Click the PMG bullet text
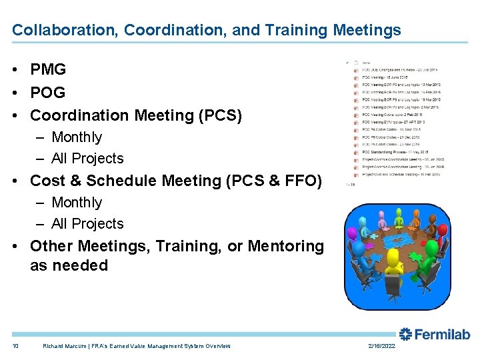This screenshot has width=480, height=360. point(48,69)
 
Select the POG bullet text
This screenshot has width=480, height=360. point(48,92)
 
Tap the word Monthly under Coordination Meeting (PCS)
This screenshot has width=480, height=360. point(77,137)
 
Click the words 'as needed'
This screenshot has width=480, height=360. point(69,265)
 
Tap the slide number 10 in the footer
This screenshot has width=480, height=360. point(15,346)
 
